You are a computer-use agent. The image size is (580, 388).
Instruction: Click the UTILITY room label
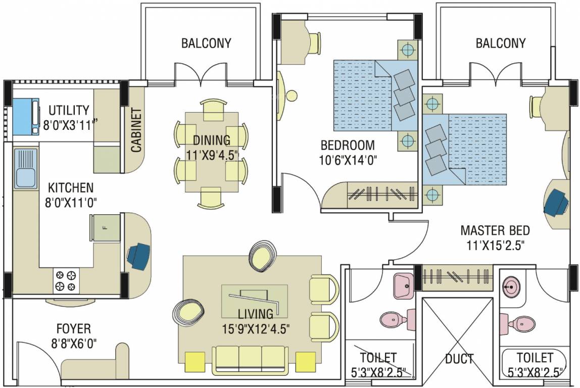(x=69, y=110)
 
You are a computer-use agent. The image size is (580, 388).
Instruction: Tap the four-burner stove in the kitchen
(x=66, y=280)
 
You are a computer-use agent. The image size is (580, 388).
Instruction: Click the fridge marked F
(x=106, y=227)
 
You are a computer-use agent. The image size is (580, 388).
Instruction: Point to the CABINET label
(x=136, y=130)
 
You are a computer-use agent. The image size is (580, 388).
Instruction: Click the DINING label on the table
(x=212, y=140)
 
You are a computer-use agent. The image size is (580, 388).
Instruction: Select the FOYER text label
(x=74, y=328)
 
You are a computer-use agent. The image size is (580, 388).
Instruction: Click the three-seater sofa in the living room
(x=250, y=360)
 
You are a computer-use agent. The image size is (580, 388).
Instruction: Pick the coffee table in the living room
(x=255, y=301)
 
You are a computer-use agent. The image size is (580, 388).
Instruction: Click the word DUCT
(x=459, y=358)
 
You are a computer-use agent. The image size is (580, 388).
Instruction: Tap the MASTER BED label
(x=495, y=230)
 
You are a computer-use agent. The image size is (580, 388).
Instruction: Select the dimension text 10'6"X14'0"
(x=348, y=160)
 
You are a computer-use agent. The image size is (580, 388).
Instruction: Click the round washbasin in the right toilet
(x=512, y=286)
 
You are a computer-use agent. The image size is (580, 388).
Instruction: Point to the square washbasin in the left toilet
(x=403, y=286)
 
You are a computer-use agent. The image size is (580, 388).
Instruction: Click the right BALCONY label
(x=501, y=43)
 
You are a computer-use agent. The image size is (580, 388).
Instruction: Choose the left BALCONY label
(x=206, y=43)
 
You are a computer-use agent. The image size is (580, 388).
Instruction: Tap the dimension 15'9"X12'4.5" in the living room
(x=256, y=328)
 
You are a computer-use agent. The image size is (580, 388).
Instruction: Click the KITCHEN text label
(x=71, y=187)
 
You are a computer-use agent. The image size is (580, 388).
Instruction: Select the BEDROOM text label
(x=348, y=145)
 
